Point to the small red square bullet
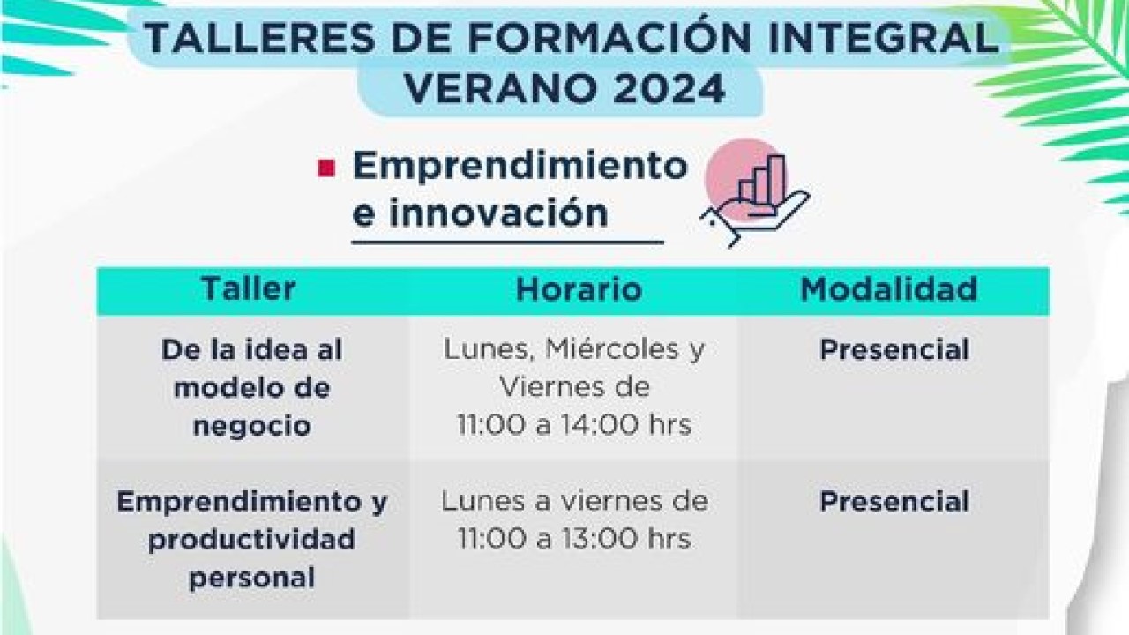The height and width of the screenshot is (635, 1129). [326, 168]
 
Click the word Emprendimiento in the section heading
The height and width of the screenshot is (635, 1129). [520, 166]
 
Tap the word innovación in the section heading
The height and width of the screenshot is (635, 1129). [498, 213]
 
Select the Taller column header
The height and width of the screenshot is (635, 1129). [248, 289]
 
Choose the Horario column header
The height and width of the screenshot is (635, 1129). [579, 289]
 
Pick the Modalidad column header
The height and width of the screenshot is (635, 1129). [888, 289]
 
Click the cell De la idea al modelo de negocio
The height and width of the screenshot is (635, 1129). [251, 387]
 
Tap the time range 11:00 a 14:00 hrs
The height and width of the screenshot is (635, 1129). [574, 425]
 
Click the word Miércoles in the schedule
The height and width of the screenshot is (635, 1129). [600, 349]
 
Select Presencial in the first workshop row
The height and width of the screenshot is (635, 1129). [894, 350]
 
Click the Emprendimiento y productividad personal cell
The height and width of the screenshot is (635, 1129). [251, 539]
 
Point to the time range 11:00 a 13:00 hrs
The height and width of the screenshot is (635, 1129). [574, 539]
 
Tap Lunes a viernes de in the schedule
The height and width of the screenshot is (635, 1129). [574, 501]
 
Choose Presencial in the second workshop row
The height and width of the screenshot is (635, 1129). [894, 502]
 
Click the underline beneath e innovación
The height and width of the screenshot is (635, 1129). [507, 240]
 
